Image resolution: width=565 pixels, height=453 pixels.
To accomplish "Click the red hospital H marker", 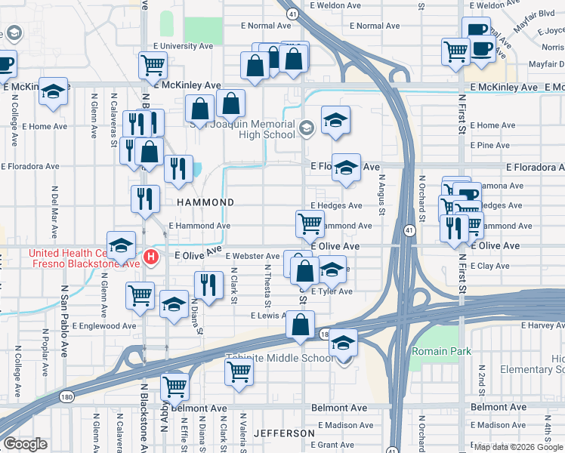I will click(150, 257).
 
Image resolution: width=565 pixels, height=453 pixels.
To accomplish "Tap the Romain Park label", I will click(441, 351).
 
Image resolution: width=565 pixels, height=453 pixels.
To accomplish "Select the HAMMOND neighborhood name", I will click(205, 202).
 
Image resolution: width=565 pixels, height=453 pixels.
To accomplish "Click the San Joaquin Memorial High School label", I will click(243, 129).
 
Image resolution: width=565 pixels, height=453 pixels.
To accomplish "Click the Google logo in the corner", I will click(25, 444).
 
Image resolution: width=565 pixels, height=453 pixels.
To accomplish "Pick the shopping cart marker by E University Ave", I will click(153, 66).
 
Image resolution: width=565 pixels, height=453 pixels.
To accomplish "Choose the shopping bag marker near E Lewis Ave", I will click(301, 325).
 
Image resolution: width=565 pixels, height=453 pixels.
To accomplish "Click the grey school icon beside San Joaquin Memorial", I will click(306, 128).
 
